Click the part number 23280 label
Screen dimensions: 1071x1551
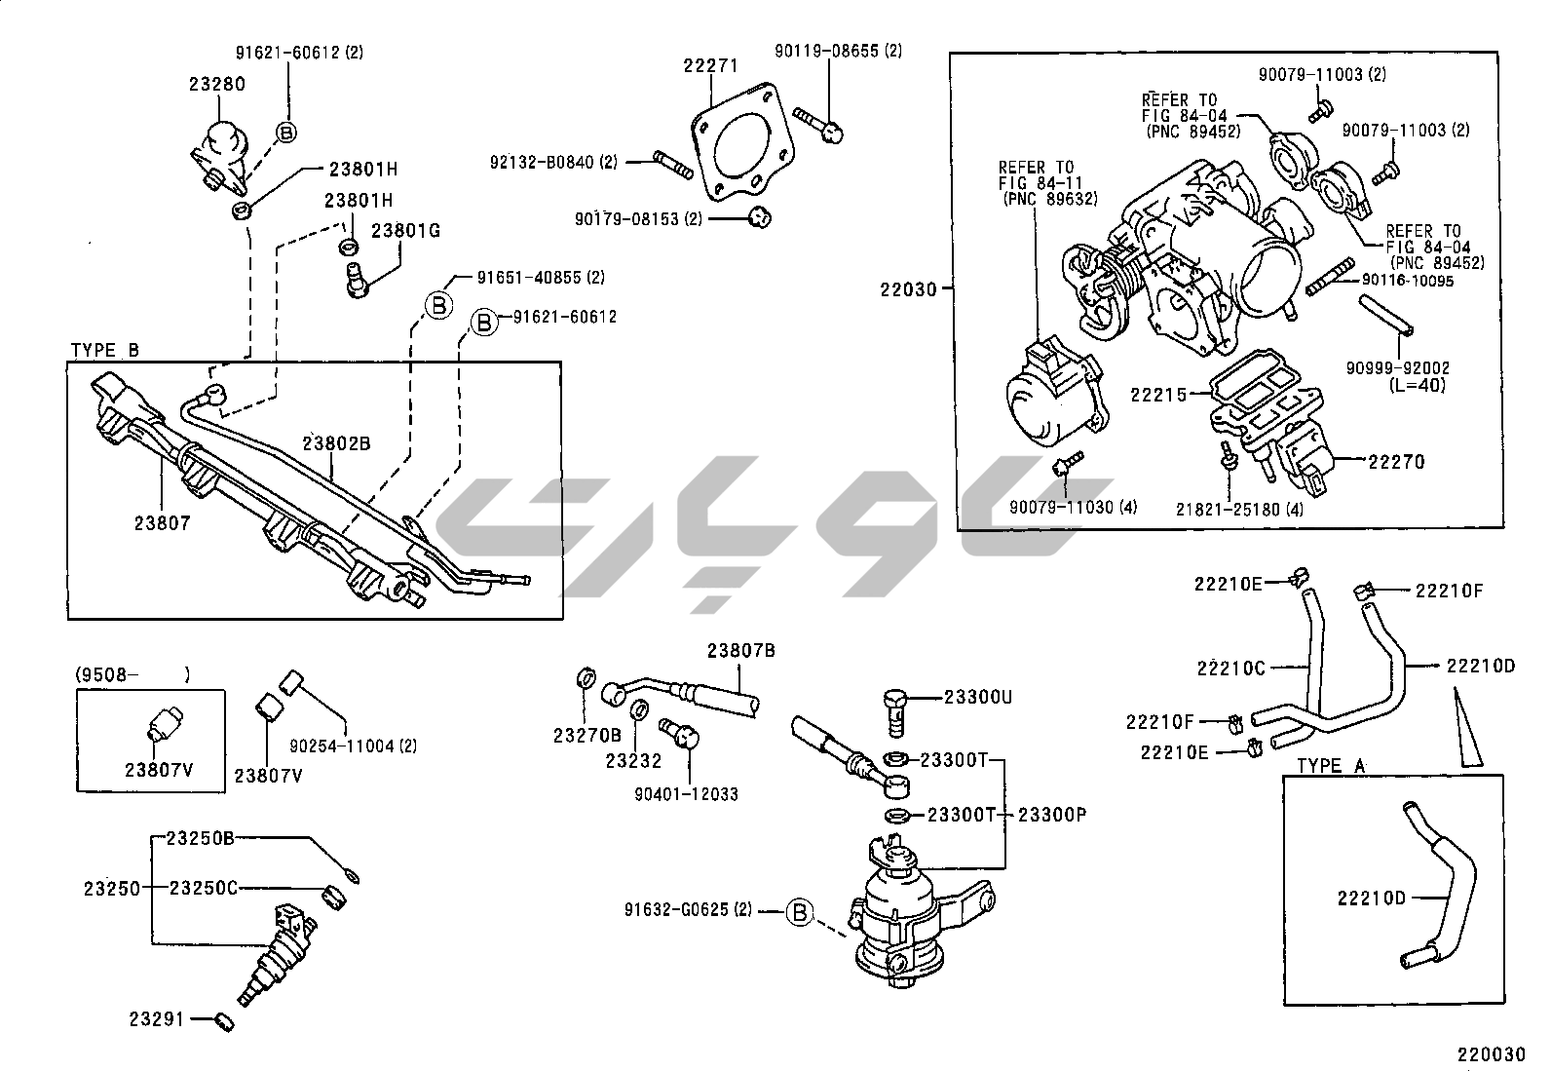pos(216,85)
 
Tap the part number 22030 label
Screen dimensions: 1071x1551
pos(908,289)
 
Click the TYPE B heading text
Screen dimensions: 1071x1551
pos(105,351)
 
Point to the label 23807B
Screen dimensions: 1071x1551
pos(741,651)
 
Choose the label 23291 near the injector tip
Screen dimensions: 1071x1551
pos(156,1019)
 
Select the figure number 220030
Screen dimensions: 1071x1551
pos(1490,1054)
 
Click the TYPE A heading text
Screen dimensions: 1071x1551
pos(1332,766)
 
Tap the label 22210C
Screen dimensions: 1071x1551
pos(1230,669)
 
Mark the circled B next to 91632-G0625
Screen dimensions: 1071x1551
pos(799,912)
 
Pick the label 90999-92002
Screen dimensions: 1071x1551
pos(1398,368)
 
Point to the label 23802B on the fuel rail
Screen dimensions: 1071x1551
pos(336,443)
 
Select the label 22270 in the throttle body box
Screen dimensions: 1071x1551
pos(1396,462)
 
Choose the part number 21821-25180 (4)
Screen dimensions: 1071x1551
pos(1239,509)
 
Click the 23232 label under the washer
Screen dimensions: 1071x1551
pos(633,761)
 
